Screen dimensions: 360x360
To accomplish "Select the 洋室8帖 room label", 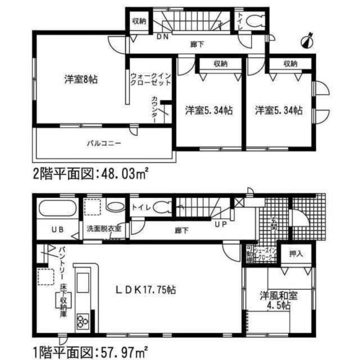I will (x=76, y=80).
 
